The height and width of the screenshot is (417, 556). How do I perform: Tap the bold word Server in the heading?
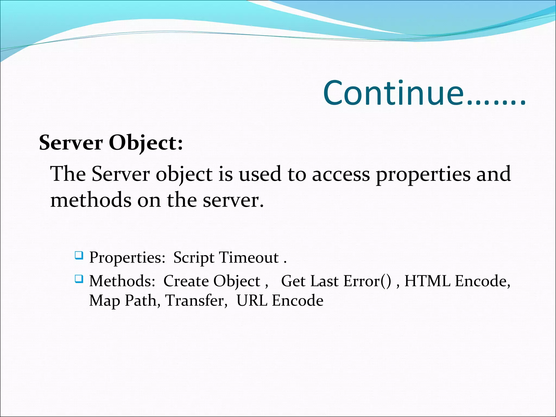coord(71,143)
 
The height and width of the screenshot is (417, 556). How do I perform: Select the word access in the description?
coord(341,174)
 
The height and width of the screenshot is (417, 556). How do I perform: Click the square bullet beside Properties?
coord(79,255)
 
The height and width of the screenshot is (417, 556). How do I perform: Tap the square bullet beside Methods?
coord(79,279)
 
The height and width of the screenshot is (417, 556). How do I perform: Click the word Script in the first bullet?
coord(194,258)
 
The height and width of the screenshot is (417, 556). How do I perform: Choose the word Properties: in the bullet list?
coord(127,258)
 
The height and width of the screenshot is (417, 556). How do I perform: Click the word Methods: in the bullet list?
coord(122,281)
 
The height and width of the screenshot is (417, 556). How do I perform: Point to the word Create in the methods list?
coord(186,281)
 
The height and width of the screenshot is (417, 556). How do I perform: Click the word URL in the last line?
coord(252,301)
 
